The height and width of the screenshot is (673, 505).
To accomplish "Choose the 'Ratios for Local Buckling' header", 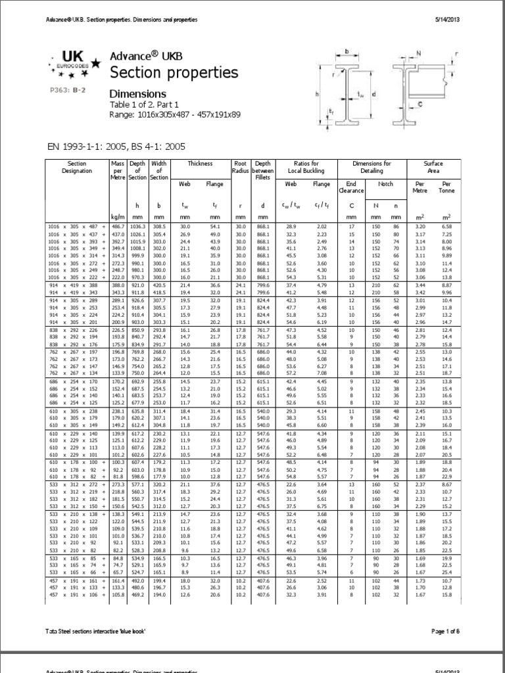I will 302,167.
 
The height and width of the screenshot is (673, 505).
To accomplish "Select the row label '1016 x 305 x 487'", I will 76,225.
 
